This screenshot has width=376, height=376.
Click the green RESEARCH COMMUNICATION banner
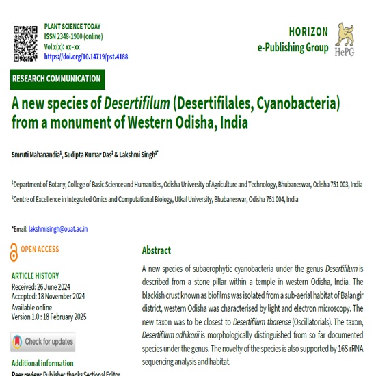pyautogui.click(x=57, y=79)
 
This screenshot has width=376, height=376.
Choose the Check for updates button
pyautogui.click(x=42, y=341)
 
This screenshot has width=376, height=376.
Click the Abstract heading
pyautogui.click(x=157, y=250)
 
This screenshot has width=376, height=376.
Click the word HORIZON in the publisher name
pyautogui.click(x=308, y=31)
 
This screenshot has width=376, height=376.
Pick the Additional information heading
pyautogui.click(x=42, y=363)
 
